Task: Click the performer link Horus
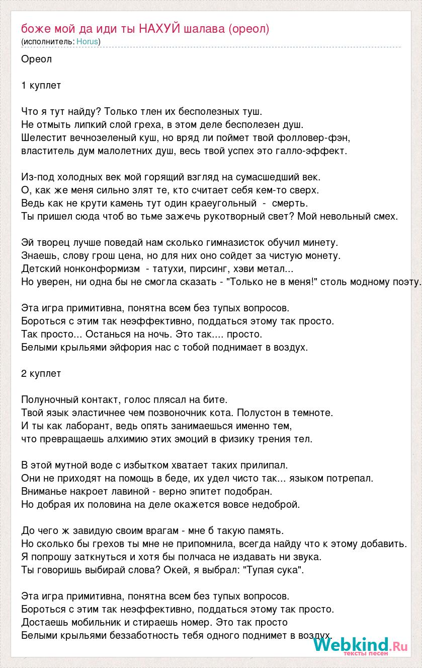[x=88, y=41]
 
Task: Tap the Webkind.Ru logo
[x=361, y=645]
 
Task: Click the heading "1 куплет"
[x=41, y=85]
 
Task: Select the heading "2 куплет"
[x=41, y=373]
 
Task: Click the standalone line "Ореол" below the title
[x=36, y=59]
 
